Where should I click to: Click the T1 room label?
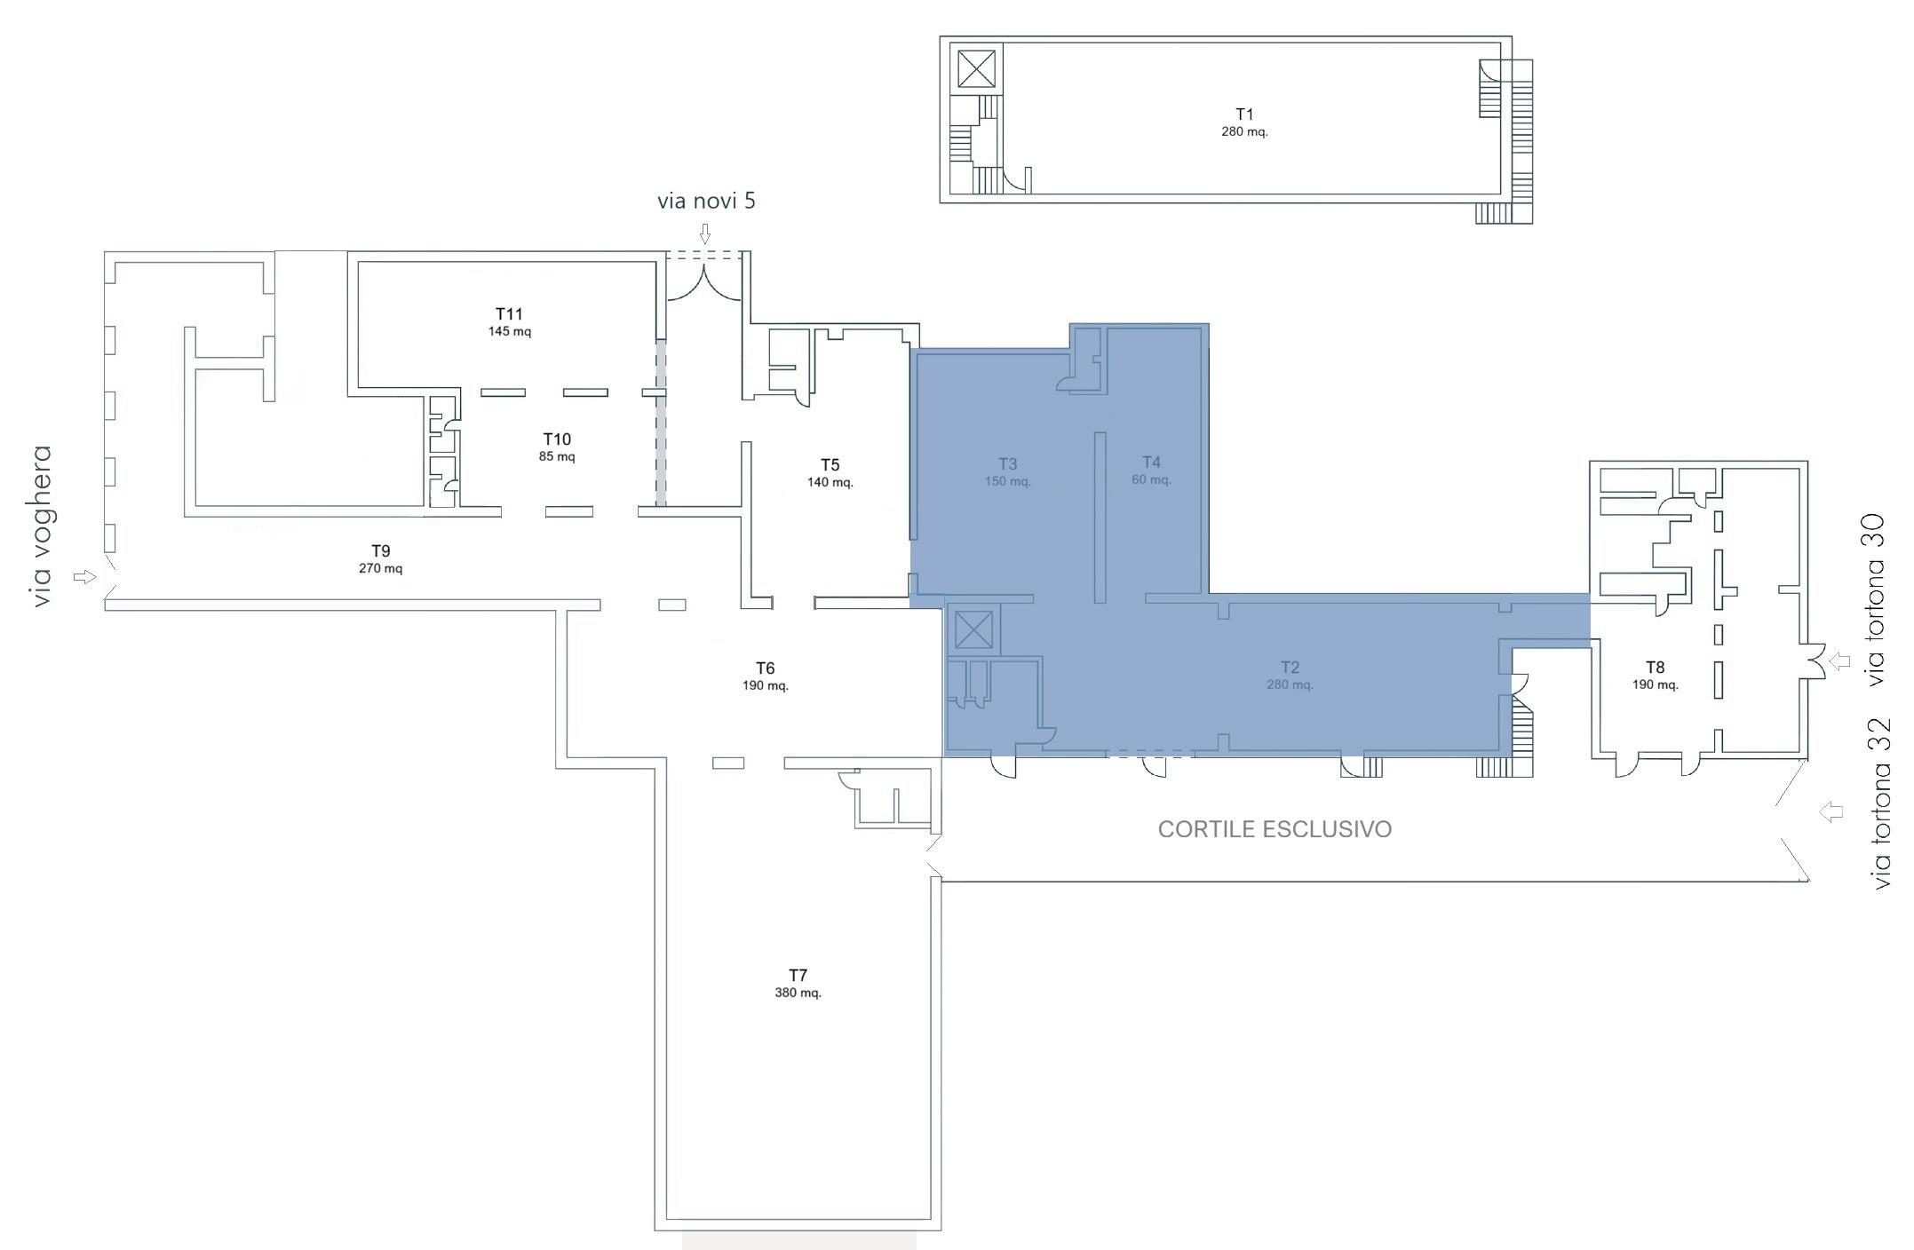pyautogui.click(x=1244, y=115)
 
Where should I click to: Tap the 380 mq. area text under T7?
pyautogui.click(x=798, y=993)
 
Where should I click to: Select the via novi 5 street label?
pyautogui.click(x=706, y=201)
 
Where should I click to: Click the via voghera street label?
pyautogui.click(x=41, y=526)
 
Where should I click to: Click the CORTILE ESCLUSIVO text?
pyautogui.click(x=1275, y=829)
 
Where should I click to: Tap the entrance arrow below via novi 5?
pyautogui.click(x=705, y=233)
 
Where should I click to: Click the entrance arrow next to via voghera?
pyautogui.click(x=84, y=577)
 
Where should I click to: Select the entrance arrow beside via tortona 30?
pyautogui.click(x=1839, y=661)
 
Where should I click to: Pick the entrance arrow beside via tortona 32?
pyautogui.click(x=1831, y=811)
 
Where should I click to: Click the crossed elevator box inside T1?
pyautogui.click(x=976, y=68)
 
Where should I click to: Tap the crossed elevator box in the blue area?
pyautogui.click(x=973, y=631)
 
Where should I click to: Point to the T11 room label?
pyautogui.click(x=509, y=314)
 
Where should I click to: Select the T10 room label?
pyautogui.click(x=557, y=439)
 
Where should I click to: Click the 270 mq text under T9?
pyautogui.click(x=380, y=568)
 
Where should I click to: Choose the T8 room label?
pyautogui.click(x=1655, y=668)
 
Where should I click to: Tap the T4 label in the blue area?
pyautogui.click(x=1151, y=462)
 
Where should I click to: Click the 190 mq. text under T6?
pyautogui.click(x=765, y=685)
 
